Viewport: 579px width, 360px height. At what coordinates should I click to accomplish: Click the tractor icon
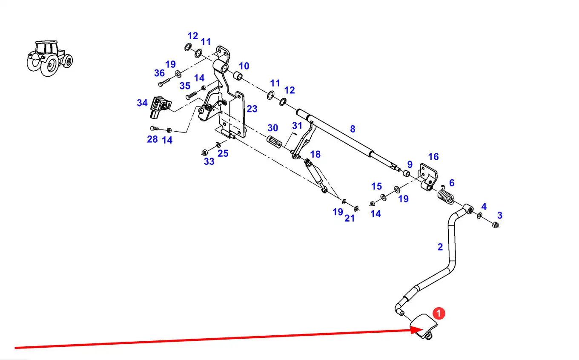49,58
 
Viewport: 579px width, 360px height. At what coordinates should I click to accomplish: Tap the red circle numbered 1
439,314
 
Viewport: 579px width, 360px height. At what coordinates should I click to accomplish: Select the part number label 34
142,103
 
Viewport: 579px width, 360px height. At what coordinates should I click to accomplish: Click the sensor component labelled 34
159,107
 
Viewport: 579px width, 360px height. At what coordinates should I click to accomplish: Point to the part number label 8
353,129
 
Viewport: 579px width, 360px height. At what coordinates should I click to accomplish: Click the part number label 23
252,109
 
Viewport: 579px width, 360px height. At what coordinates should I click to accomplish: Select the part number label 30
272,128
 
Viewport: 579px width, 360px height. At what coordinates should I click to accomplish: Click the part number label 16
433,156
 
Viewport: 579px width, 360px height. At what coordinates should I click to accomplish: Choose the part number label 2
440,246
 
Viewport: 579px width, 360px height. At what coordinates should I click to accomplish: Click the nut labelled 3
495,225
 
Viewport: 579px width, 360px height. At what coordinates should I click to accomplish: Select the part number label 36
160,73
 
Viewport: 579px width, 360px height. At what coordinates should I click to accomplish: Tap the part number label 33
209,161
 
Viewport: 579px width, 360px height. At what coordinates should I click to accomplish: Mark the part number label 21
350,218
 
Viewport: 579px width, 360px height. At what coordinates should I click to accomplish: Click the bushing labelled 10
238,77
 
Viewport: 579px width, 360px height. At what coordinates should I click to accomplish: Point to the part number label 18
315,154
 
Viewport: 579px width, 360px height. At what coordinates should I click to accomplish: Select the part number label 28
152,139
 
